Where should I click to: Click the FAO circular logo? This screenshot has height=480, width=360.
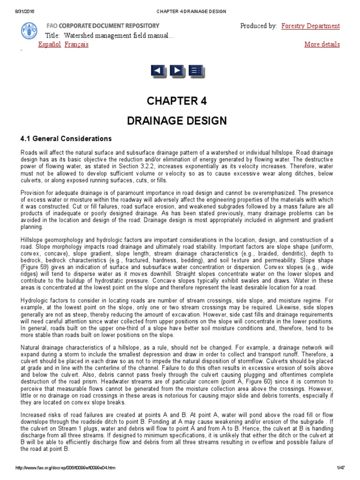(29, 31)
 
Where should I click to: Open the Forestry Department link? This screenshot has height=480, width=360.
(310, 26)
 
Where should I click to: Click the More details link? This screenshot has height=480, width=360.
(322, 45)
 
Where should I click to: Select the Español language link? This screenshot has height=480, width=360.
(49, 45)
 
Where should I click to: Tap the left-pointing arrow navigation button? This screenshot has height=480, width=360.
(158, 71)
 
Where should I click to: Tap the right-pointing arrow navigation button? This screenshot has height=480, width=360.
(177, 71)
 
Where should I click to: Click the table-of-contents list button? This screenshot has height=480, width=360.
(195, 71)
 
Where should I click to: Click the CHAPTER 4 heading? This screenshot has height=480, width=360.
(177, 101)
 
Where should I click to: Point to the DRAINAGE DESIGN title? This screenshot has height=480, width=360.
(177, 120)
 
